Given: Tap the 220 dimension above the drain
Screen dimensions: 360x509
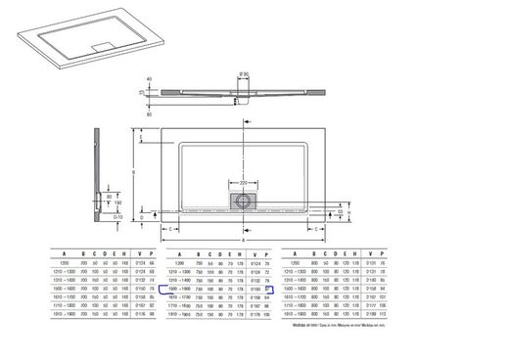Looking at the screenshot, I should click(241, 182).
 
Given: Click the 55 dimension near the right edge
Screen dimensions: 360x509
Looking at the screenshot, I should click(340, 211).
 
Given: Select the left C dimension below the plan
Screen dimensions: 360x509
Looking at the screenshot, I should click(172, 230).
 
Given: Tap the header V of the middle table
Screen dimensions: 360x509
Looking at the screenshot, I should click(255, 252).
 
